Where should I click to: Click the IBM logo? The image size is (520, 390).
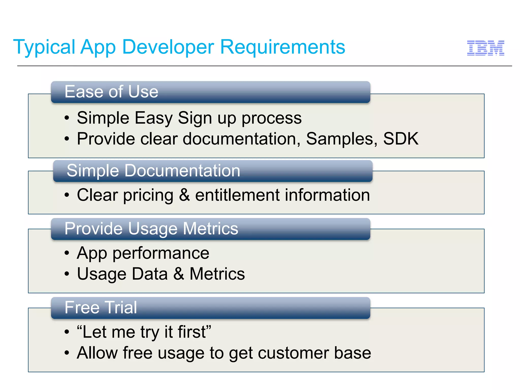coord(485,48)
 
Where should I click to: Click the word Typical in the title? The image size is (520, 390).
coord(44,47)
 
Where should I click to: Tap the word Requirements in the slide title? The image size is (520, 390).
coord(282,47)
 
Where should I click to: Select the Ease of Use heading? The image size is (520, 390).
coord(111,92)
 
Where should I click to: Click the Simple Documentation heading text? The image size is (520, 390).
coord(153,171)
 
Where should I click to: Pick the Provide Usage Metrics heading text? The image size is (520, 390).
coord(151,229)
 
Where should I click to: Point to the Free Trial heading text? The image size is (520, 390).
coord(101,307)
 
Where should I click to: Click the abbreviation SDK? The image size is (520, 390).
coord(401,139)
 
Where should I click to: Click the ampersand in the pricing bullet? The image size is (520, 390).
coord(184,195)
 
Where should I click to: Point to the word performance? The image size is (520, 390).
coord(161,253)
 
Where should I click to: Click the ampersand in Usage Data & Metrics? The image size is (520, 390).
coord(179,274)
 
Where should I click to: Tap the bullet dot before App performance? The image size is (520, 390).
coord(67,253)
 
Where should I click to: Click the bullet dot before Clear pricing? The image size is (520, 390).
coord(67,195)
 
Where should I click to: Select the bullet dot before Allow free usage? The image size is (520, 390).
coord(67,353)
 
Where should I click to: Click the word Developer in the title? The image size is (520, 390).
coord(168,47)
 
